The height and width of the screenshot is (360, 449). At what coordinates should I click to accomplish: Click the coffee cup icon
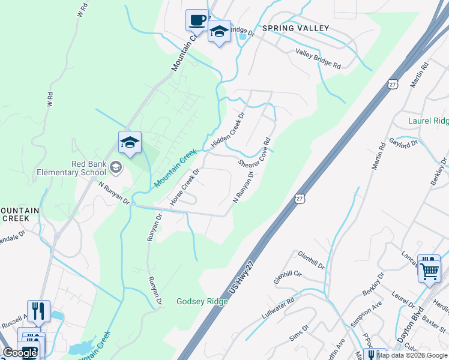click(197, 20)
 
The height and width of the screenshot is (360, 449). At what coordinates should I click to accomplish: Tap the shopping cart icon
click(429, 269)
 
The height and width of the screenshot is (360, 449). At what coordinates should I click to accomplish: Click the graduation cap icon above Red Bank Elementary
click(130, 143)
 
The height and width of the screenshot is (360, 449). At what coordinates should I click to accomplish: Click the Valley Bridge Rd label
click(318, 58)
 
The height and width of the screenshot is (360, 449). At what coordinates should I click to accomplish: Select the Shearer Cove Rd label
click(255, 154)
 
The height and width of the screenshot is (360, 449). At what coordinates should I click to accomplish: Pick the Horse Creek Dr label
click(184, 187)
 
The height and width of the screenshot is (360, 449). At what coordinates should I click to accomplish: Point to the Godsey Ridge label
click(202, 301)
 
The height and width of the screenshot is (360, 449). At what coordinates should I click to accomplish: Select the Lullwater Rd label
click(277, 305)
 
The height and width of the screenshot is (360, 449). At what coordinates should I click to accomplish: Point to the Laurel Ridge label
click(428, 121)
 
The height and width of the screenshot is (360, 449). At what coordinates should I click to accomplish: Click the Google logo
click(20, 353)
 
